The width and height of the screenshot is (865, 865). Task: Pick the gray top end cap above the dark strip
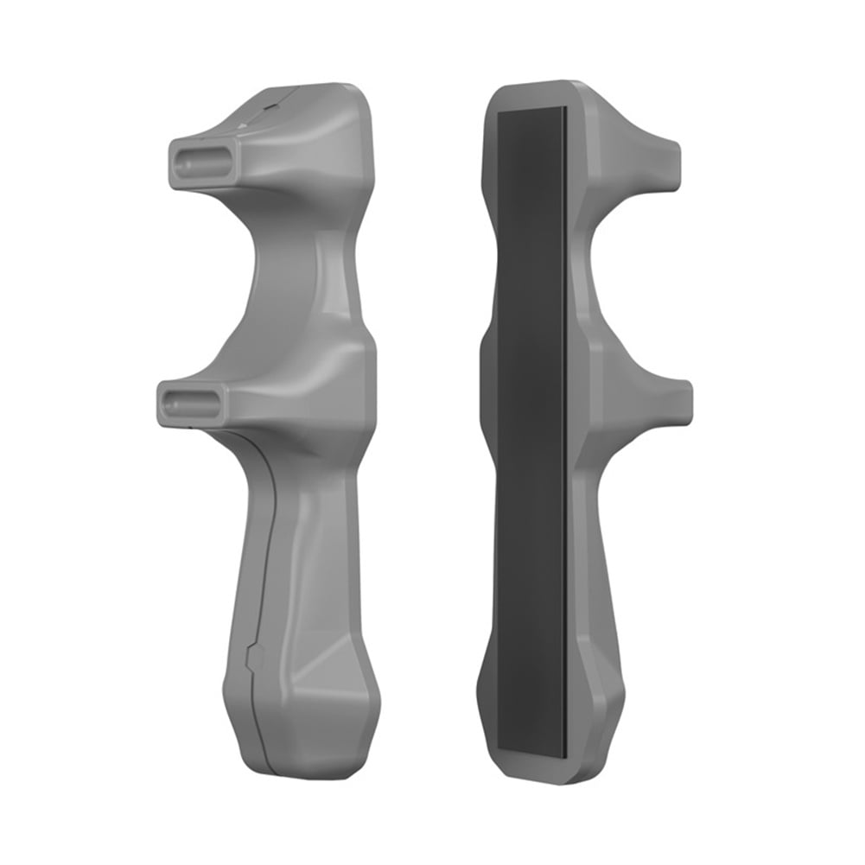point(531,95)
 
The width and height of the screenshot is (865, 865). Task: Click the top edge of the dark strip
point(531,111)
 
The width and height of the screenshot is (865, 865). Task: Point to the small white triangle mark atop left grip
point(243,126)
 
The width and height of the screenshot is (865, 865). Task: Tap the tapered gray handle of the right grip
point(605,605)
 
